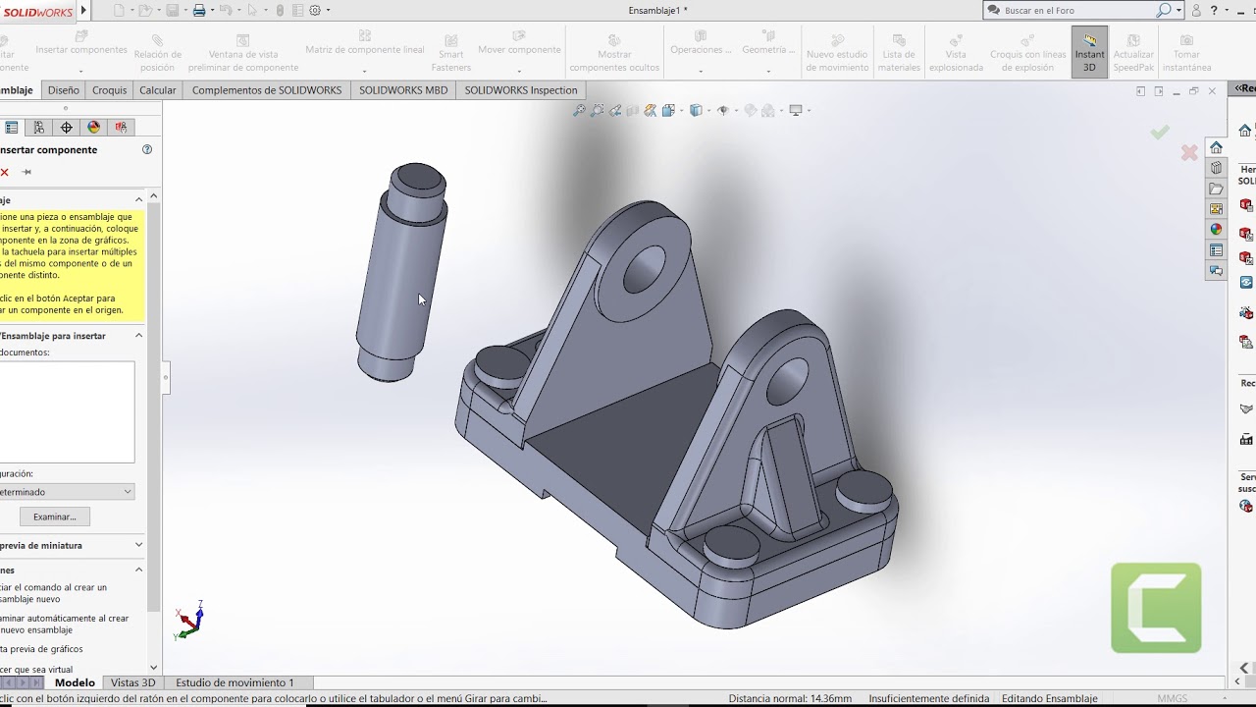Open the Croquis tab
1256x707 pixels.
[x=109, y=90]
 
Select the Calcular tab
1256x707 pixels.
[x=157, y=90]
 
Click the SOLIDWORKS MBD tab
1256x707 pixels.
[x=402, y=90]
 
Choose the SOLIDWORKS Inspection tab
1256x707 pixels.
[x=520, y=90]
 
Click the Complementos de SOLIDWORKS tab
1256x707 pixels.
[x=266, y=90]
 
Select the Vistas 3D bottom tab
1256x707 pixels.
[x=132, y=682]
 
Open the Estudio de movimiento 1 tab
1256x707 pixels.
[x=235, y=682]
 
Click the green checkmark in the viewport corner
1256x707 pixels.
[x=1160, y=132]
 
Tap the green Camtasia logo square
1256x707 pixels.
[x=1156, y=608]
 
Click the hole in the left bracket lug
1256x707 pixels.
[x=644, y=267]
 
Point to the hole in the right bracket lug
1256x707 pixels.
[x=786, y=378]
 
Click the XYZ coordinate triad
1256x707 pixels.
[x=189, y=621]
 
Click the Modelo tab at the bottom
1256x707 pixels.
[x=75, y=682]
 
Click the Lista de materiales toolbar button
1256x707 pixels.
[x=898, y=53]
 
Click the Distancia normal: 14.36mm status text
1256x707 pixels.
[x=790, y=698]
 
